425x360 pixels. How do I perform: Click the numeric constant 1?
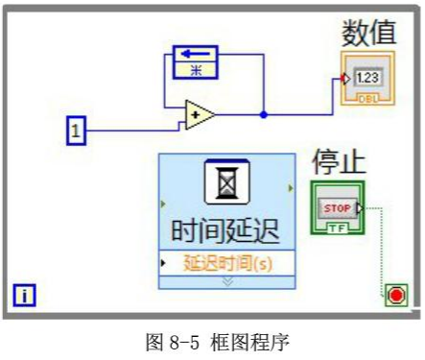pyautogui.click(x=76, y=130)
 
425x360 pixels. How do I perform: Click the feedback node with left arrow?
pyautogui.click(x=195, y=53)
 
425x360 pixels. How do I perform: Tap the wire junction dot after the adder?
pyautogui.click(x=264, y=114)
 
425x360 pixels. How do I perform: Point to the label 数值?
pyautogui.click(x=369, y=33)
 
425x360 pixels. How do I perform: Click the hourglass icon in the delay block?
pyautogui.click(x=227, y=183)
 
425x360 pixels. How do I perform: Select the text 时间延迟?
pyautogui.click(x=227, y=230)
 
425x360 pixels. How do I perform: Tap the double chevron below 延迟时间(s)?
pyautogui.click(x=227, y=280)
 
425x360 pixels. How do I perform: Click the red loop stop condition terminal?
pyautogui.click(x=396, y=295)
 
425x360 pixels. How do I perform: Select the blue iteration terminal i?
pyautogui.click(x=24, y=294)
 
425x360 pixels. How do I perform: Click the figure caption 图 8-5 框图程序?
pyautogui.click(x=213, y=341)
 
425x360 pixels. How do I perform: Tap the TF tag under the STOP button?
pyautogui.click(x=338, y=228)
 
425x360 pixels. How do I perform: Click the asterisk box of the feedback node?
pyautogui.click(x=195, y=69)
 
